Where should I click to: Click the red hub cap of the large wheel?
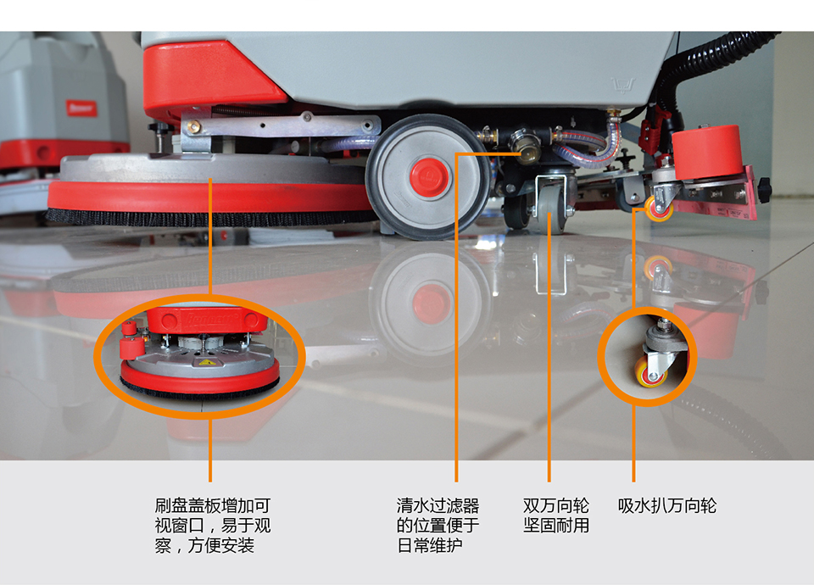428,175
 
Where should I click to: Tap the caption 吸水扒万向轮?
667,505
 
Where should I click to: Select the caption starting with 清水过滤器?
438,526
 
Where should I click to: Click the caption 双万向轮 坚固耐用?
556,515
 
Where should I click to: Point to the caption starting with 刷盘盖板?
213,526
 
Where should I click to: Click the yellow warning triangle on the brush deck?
206,362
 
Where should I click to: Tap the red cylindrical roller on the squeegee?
706,151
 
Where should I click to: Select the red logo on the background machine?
81,108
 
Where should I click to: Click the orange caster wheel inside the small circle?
650,373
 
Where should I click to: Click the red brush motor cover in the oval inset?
208,320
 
